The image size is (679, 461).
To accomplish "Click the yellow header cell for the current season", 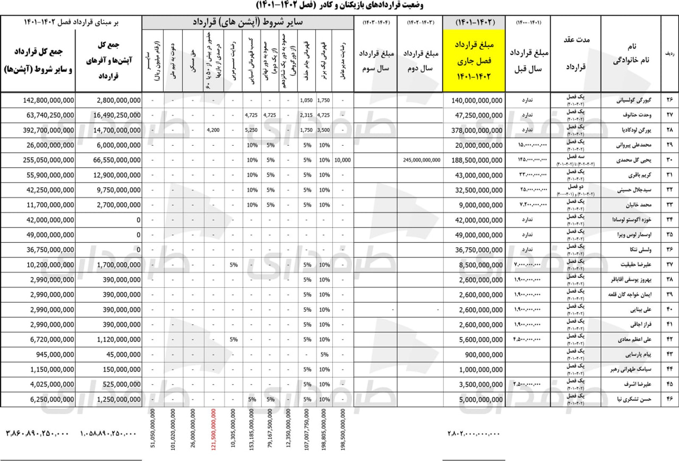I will (x=474, y=60).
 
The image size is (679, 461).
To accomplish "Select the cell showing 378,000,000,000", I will (x=477, y=130).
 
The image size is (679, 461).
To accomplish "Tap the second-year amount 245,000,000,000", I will (x=421, y=160).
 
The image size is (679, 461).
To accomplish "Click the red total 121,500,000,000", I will (x=213, y=429).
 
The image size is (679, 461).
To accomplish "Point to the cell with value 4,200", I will (x=213, y=130).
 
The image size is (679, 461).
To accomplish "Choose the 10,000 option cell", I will (x=342, y=160).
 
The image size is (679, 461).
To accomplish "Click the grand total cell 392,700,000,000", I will (x=48, y=130).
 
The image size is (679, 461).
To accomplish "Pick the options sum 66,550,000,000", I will (x=117, y=160).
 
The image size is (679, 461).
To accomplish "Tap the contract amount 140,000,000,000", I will (x=477, y=101).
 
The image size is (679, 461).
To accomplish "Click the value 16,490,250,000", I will (x=117, y=115).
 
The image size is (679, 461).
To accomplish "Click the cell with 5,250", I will (x=251, y=130).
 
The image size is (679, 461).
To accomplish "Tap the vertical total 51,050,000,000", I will (x=153, y=428).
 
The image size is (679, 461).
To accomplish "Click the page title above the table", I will (x=339, y=6).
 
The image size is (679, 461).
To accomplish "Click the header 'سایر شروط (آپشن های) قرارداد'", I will (x=248, y=22).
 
